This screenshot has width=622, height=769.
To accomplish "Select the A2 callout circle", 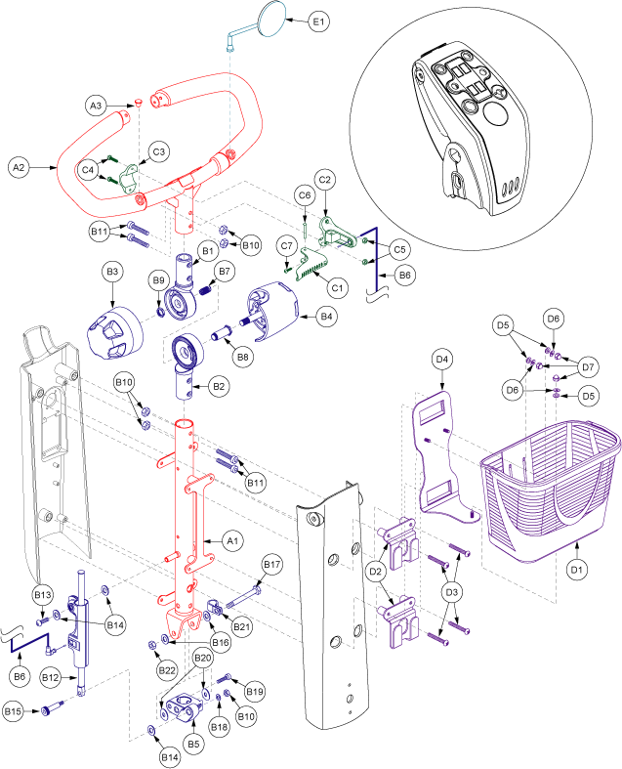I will [19, 167].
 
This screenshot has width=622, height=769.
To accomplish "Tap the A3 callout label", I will [96, 105].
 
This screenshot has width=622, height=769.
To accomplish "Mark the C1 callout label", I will [338, 288].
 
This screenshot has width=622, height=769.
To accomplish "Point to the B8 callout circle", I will [242, 359].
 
